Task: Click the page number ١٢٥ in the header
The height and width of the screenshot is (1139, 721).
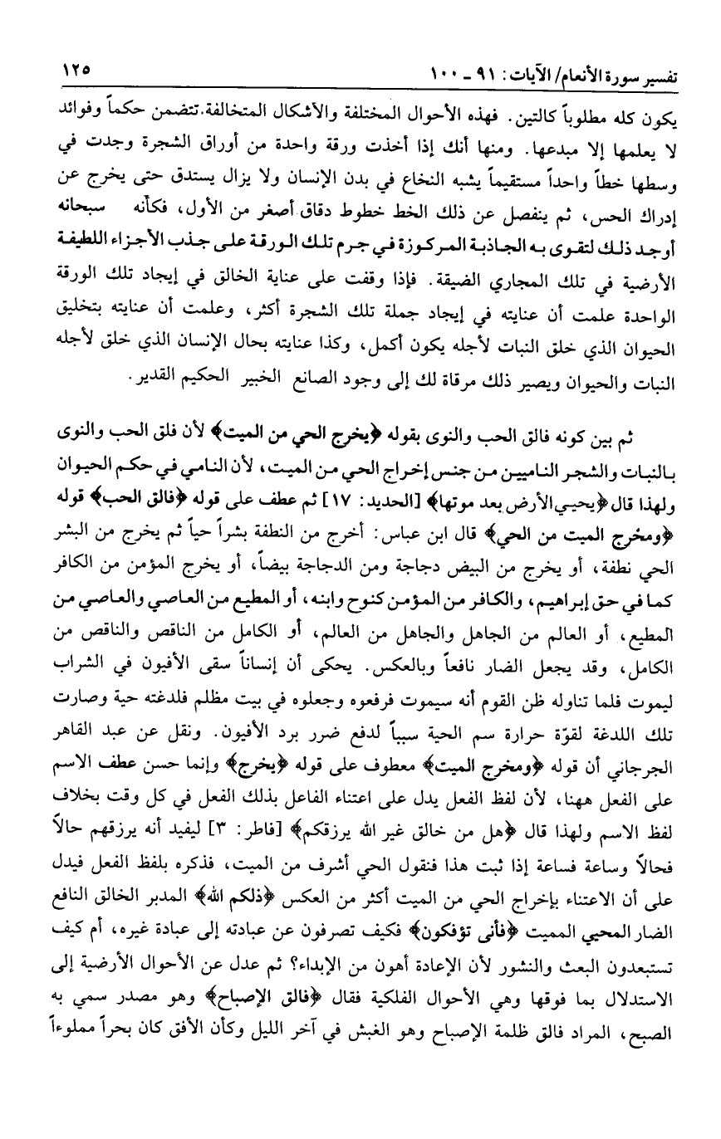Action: coord(76,71)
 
